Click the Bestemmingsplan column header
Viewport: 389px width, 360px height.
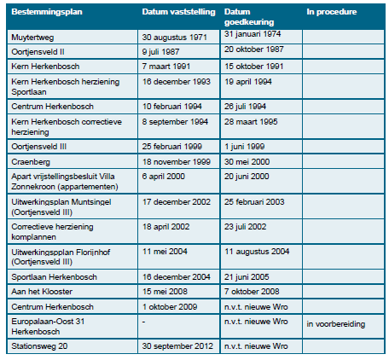[x=43, y=14]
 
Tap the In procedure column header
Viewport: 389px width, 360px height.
[x=332, y=14]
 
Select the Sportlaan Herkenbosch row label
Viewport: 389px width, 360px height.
[x=55, y=277]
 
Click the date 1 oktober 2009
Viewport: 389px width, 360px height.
[x=170, y=305]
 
